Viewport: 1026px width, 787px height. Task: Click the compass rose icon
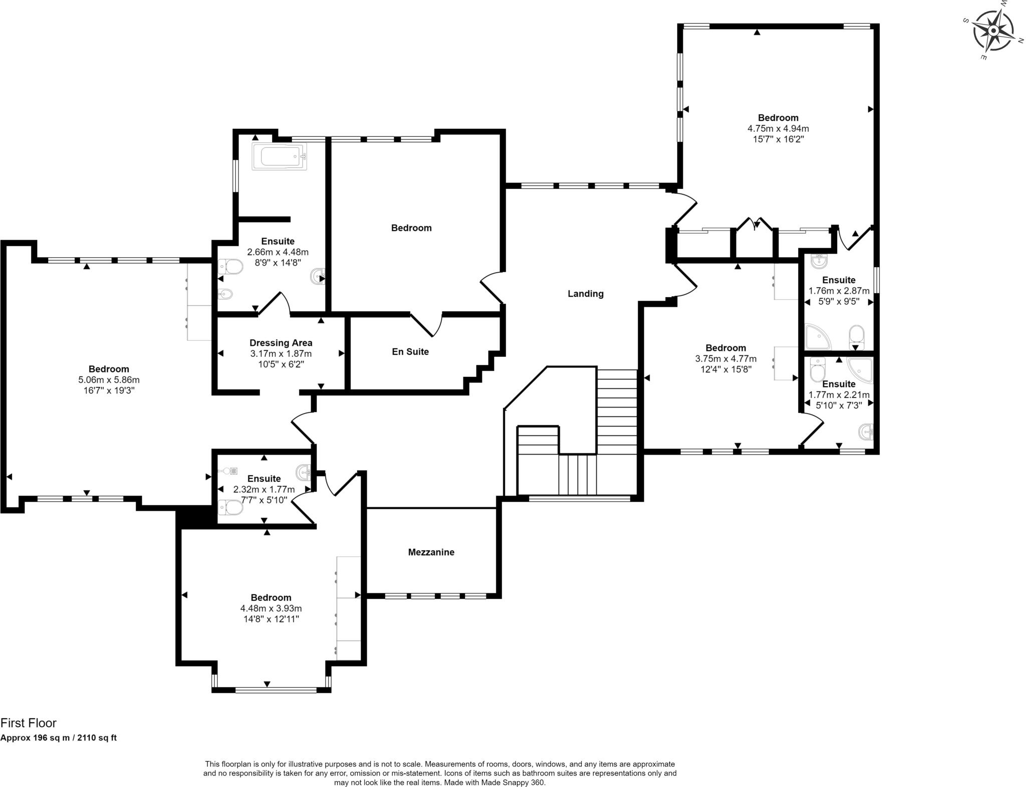coord(993,31)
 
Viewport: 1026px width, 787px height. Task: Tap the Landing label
coord(585,294)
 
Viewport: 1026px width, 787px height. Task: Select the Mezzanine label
coord(431,552)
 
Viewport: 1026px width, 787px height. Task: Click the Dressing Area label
coord(281,343)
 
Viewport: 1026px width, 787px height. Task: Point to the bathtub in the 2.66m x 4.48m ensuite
coord(279,157)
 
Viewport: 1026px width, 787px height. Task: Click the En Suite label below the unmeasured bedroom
coord(410,352)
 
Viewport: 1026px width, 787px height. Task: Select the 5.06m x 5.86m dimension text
coord(109,380)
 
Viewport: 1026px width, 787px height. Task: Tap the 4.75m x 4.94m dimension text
coord(778,128)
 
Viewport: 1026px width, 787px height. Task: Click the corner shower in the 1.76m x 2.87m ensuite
coord(817,337)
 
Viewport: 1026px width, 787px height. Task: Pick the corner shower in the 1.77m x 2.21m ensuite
coord(860,370)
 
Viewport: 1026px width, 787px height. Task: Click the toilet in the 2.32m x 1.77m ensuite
coord(231,508)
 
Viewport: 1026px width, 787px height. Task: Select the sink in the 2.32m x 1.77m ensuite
coord(304,471)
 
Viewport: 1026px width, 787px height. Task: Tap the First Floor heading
coord(29,723)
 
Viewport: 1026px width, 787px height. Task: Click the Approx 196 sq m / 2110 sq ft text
coord(58,738)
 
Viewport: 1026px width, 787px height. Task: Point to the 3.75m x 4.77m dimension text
coord(725,359)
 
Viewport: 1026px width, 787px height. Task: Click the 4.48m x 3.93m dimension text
coord(271,609)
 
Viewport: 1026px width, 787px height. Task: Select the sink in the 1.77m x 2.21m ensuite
coord(866,431)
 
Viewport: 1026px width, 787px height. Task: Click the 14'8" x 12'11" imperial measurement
coord(271,619)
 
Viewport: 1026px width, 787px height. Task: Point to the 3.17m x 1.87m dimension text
coord(281,353)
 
